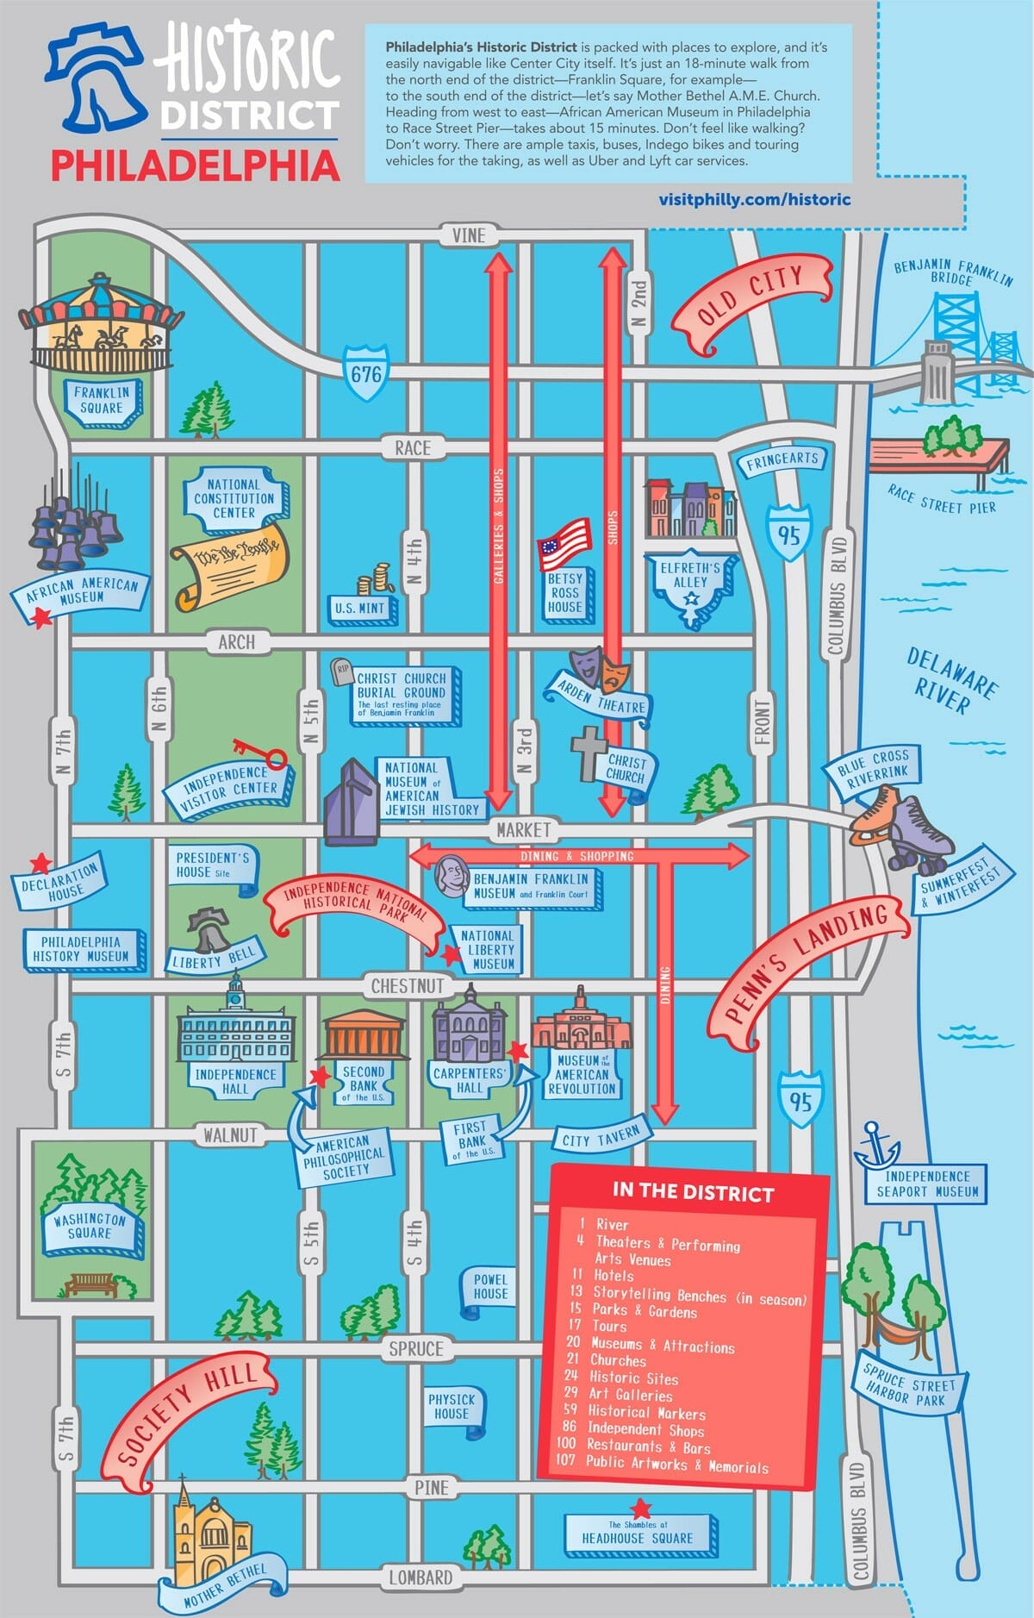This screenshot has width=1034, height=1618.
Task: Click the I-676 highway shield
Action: click(x=365, y=373)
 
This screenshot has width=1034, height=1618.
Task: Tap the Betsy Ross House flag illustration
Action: click(x=565, y=543)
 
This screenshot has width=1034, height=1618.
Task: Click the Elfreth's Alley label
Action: click(x=690, y=576)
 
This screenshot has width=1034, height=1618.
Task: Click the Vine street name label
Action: click(x=469, y=235)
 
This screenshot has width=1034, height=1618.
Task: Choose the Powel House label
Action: click(x=490, y=1286)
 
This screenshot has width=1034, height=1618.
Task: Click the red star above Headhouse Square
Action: click(x=640, y=1508)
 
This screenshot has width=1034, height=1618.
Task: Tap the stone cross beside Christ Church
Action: click(x=589, y=753)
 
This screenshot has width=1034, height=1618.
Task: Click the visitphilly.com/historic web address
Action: click(x=754, y=199)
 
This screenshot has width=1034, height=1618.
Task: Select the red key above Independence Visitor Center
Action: click(x=259, y=753)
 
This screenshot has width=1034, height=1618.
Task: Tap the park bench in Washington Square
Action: click(x=91, y=1284)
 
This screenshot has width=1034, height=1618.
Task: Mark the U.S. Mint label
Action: click(x=360, y=608)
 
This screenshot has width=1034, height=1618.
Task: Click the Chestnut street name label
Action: click(x=408, y=985)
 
